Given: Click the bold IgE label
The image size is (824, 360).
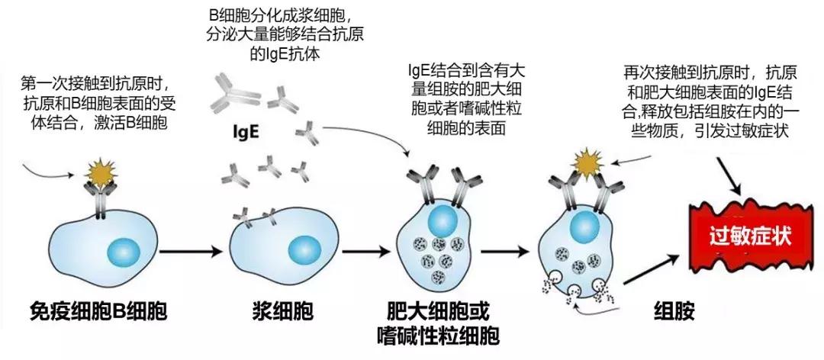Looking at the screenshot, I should click(246, 130).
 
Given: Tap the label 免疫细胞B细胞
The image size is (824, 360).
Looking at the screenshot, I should click(98, 311).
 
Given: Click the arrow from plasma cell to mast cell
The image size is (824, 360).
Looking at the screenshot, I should click(369, 250).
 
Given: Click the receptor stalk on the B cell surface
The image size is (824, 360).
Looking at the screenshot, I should click(101, 203).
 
